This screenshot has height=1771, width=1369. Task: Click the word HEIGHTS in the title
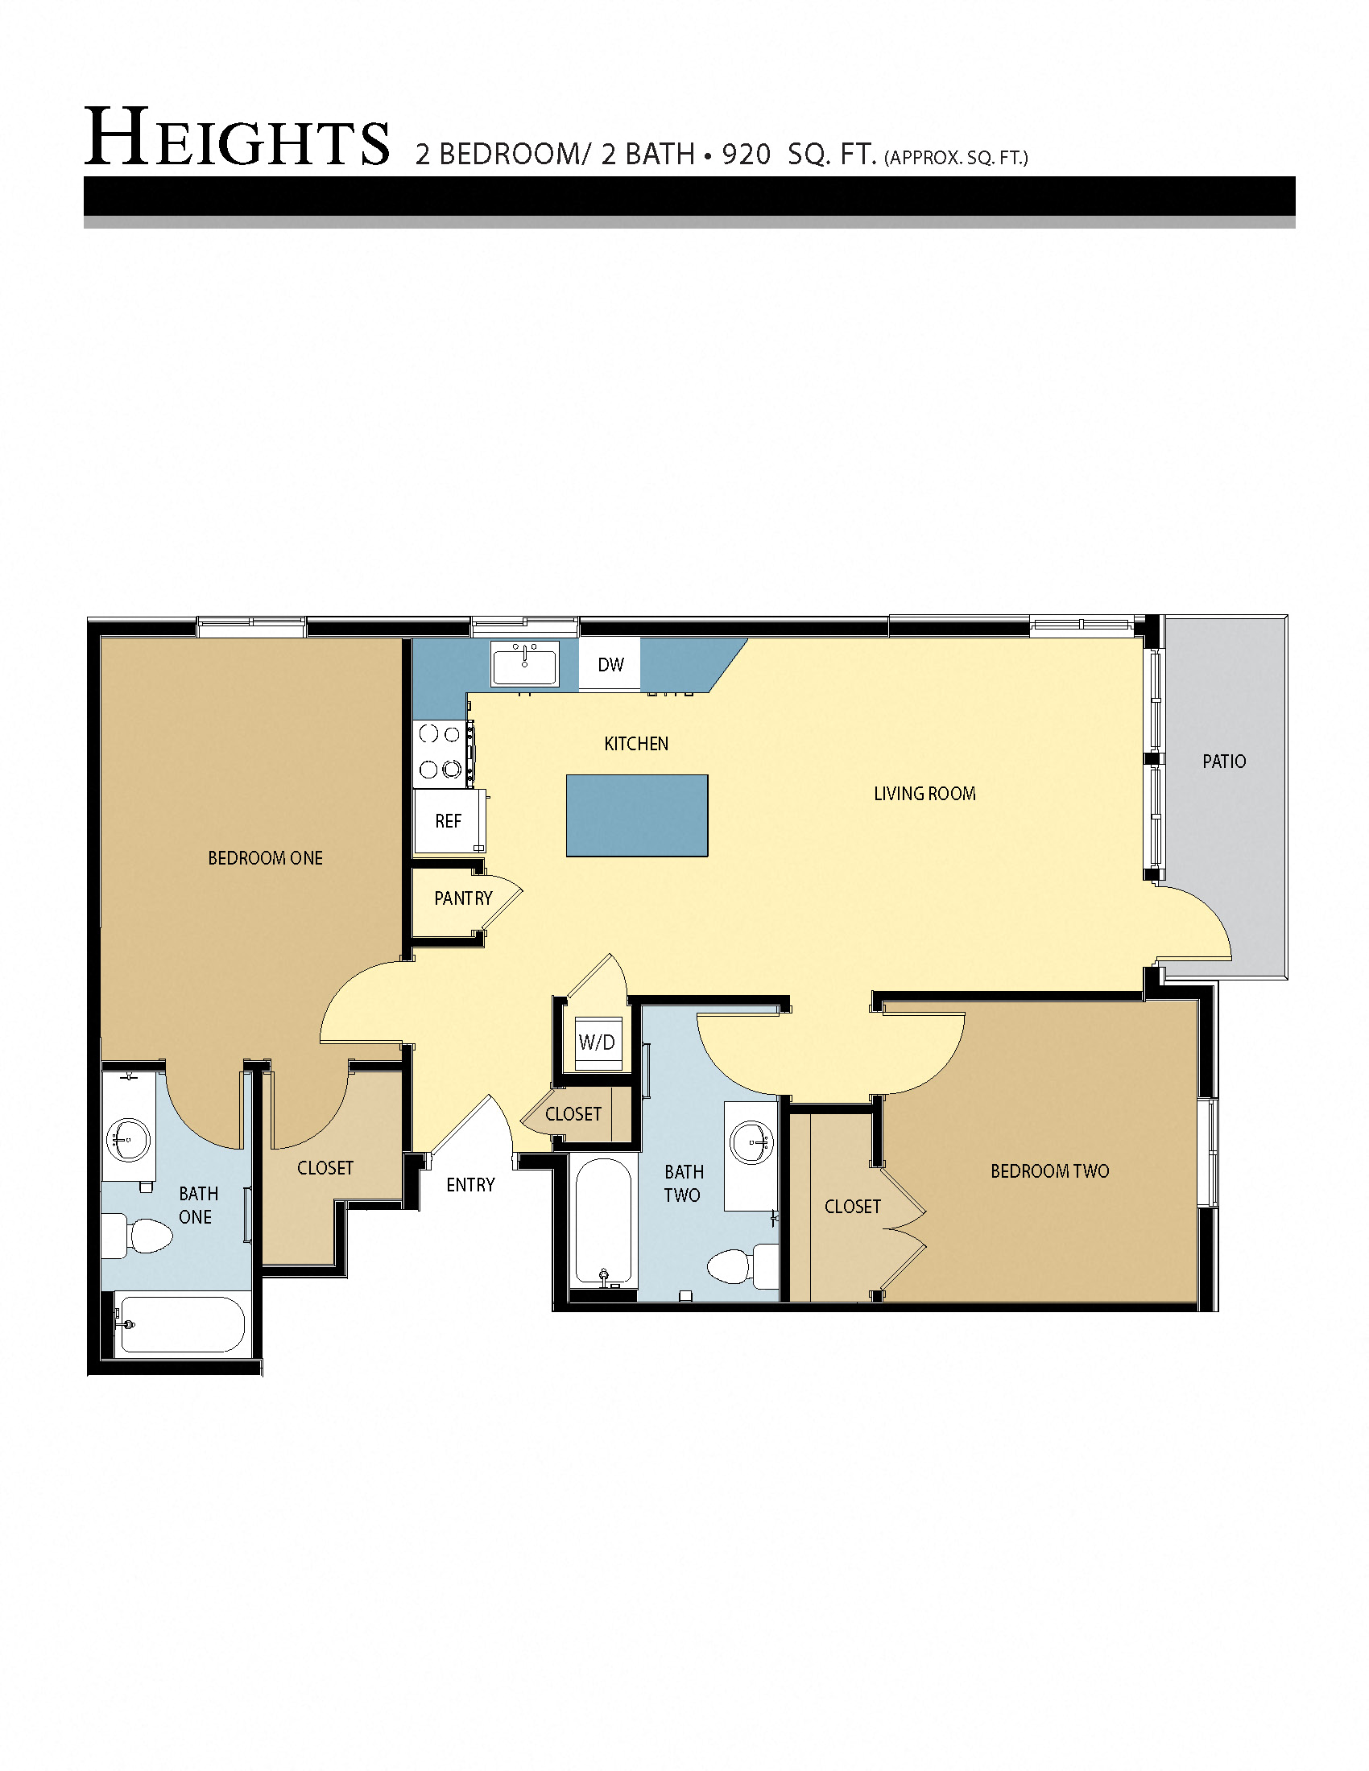point(237,139)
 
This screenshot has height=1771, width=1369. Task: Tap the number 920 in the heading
point(746,154)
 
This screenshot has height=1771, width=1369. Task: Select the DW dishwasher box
point(610,665)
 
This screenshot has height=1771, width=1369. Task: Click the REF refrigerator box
point(449,820)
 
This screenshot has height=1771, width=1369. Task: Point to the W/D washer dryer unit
point(596,1042)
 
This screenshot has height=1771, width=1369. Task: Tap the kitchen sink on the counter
point(525,665)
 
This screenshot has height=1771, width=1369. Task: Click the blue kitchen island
point(637,815)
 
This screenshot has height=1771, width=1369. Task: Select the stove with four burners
point(440,752)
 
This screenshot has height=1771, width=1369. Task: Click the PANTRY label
point(463,898)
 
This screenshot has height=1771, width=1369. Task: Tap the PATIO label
point(1224,762)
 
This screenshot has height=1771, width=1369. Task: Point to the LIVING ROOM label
point(924,794)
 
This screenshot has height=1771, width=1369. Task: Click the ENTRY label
point(470,1185)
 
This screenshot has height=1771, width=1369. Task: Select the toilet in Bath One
point(139,1236)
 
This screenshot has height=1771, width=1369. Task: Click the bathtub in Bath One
point(180,1324)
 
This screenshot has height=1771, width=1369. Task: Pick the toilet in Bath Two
point(740,1265)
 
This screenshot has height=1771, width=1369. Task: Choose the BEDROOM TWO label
point(1049,1171)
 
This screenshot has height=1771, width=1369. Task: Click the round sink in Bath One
point(128,1138)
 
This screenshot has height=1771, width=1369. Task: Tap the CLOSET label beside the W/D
point(573,1114)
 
